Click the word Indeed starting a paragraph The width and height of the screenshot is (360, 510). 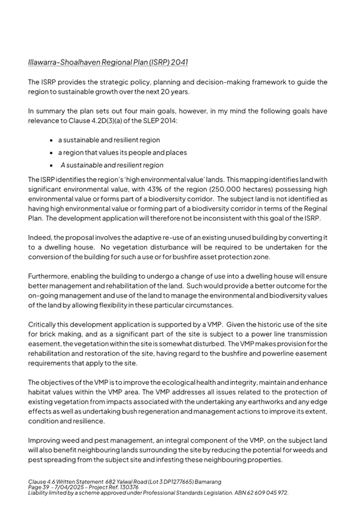coord(40,238)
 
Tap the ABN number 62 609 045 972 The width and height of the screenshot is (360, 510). coord(263,493)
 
